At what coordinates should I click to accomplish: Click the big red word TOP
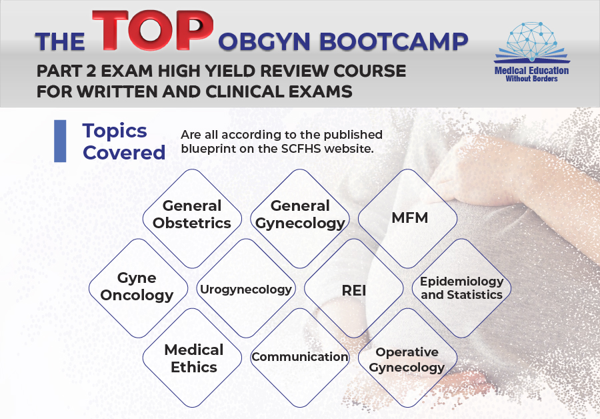click(153, 30)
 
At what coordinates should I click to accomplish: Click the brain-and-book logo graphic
click(531, 42)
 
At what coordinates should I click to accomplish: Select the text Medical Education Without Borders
click(531, 74)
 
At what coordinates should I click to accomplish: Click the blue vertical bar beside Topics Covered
click(60, 141)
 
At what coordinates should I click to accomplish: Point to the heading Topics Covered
click(123, 141)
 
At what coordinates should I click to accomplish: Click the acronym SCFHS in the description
click(299, 149)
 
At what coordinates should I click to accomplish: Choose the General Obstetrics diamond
click(192, 218)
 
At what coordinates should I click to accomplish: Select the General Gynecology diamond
click(300, 218)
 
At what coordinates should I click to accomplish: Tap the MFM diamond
click(408, 218)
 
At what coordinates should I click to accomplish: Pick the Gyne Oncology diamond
click(138, 288)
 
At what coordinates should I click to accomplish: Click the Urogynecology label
click(246, 289)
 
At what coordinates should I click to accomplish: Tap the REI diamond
click(354, 288)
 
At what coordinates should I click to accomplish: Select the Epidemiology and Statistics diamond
click(462, 288)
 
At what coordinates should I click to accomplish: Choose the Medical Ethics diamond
click(192, 358)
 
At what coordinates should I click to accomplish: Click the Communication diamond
click(300, 358)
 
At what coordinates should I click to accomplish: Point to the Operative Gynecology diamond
click(408, 358)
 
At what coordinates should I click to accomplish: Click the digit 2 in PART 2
click(91, 71)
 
